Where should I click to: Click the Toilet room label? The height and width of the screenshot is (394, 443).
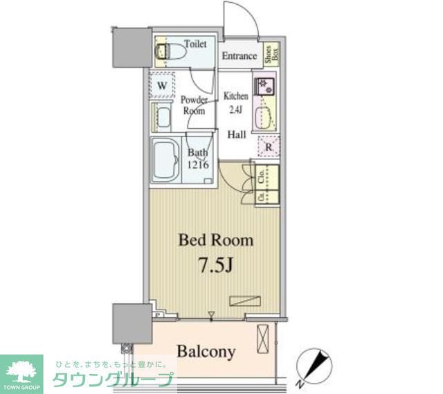tap(195, 44)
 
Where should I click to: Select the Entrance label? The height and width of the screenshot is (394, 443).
tap(239, 56)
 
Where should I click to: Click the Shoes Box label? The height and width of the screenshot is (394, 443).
tap(272, 55)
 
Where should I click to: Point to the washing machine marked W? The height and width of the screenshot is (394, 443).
tap(162, 85)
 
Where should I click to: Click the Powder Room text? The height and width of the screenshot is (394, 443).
tap(194, 105)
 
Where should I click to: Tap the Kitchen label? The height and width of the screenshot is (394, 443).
tap(235, 96)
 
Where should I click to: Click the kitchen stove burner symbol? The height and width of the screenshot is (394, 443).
tap(264, 87)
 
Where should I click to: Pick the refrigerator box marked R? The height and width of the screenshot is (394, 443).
tap(268, 147)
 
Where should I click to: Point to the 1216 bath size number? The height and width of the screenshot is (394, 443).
tap(197, 164)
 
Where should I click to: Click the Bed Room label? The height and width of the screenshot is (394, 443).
tap(215, 240)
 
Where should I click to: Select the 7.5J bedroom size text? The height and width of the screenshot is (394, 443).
tap(215, 265)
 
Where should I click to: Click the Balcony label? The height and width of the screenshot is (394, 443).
tap(206, 352)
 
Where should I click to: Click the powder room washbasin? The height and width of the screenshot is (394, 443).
tap(163, 117)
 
